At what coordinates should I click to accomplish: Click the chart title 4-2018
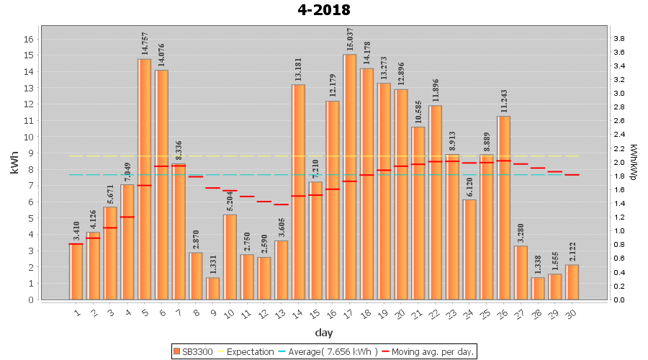pyautogui.click(x=324, y=10)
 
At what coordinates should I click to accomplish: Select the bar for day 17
pyautogui.click(x=350, y=176)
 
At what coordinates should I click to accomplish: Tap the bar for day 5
pyautogui.click(x=144, y=179)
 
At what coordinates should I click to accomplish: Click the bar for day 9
pyautogui.click(x=213, y=288)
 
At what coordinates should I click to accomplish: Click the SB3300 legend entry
pyautogui.click(x=192, y=351)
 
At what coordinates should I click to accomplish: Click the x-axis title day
pyautogui.click(x=324, y=332)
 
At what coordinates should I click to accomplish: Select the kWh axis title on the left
pyautogui.click(x=15, y=168)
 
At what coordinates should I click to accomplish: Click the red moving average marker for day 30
pyautogui.click(x=572, y=175)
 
